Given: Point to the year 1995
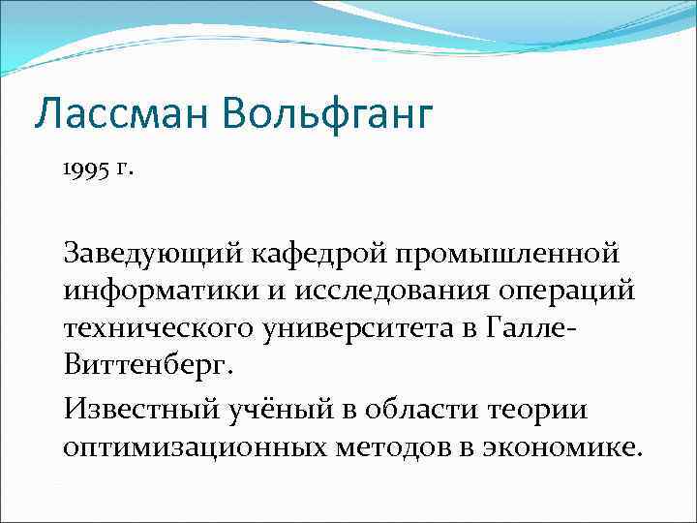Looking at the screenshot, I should click(85, 170).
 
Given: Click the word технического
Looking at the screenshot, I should click(159, 328).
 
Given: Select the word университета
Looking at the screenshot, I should click(369, 328).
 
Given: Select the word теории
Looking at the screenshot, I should click(546, 409).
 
